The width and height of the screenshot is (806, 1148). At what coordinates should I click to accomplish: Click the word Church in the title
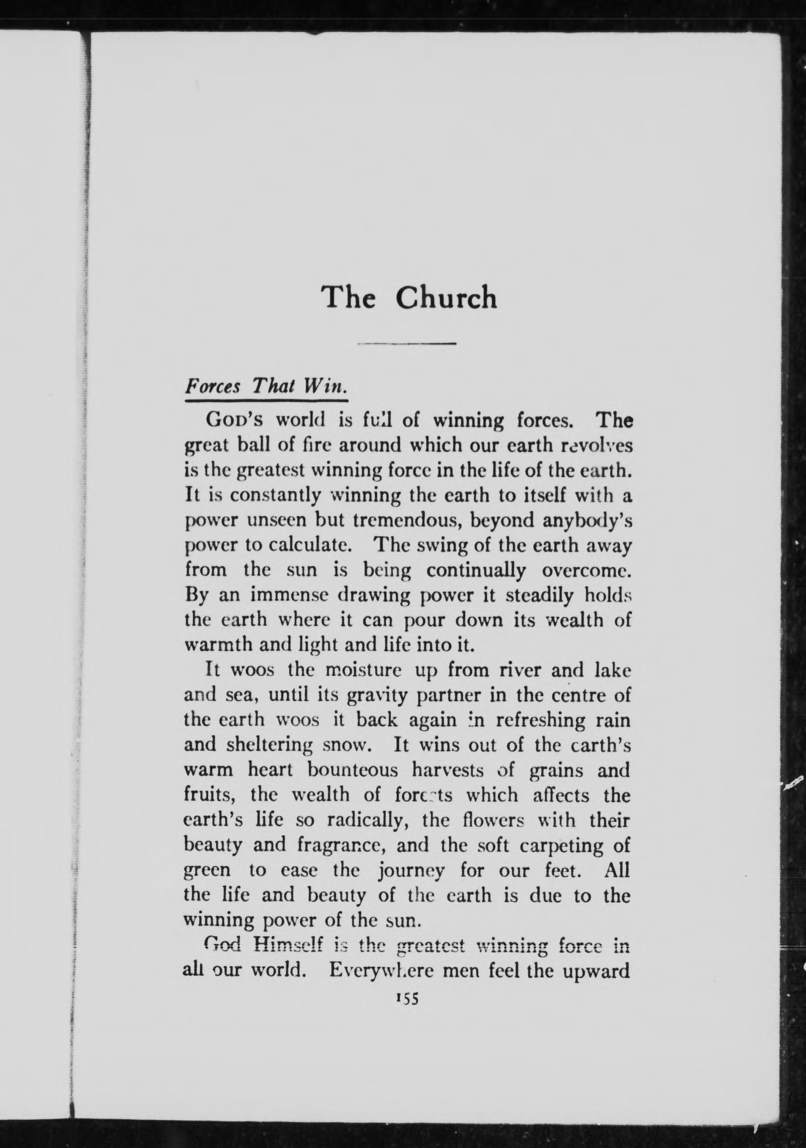click(x=446, y=298)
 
